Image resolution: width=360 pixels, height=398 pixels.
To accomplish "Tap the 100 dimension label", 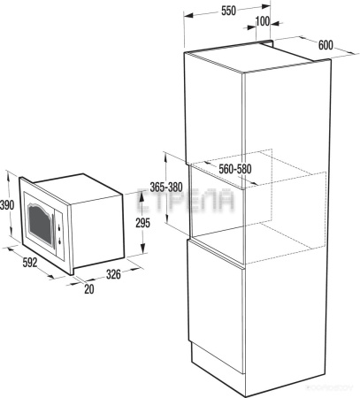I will [262, 20].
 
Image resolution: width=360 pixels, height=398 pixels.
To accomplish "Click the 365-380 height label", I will [166, 188].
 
